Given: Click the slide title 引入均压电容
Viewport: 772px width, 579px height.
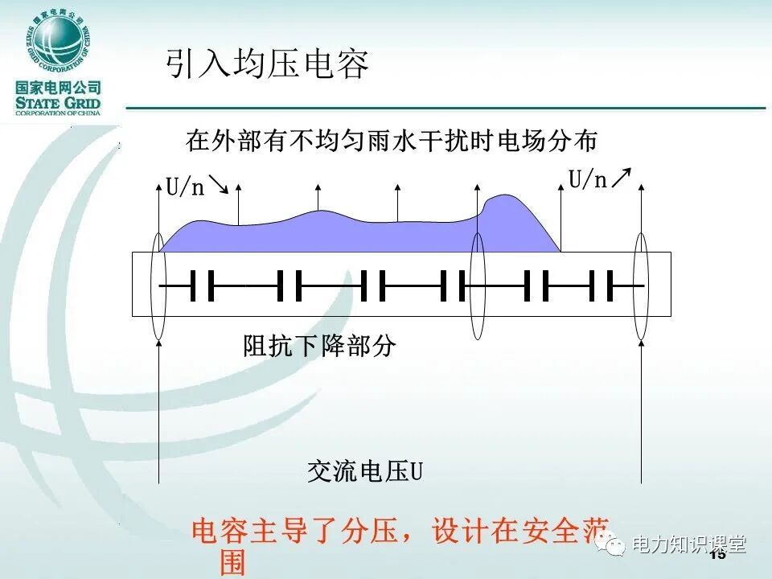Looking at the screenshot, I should (x=267, y=64).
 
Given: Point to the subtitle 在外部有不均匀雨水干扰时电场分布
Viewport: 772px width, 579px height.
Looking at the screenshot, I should (x=392, y=142).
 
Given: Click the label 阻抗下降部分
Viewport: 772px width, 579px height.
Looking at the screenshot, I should (x=319, y=347).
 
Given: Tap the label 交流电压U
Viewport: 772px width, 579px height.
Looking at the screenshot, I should (x=365, y=471).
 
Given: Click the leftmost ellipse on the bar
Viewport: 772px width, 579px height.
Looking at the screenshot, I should (x=158, y=285).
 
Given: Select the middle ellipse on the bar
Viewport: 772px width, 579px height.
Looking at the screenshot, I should (x=478, y=285).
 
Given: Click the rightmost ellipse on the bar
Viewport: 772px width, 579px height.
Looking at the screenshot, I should (x=641, y=285).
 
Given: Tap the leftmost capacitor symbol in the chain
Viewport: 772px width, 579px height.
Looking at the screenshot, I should (x=203, y=285).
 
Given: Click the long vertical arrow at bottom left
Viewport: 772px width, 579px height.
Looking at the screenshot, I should (x=159, y=410).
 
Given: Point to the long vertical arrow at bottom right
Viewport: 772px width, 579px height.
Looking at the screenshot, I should (x=641, y=410).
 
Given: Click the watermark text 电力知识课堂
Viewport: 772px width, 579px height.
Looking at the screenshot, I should (x=690, y=544).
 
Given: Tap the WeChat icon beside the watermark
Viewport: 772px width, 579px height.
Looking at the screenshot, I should (x=616, y=546).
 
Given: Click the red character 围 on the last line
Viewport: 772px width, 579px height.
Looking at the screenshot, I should (x=232, y=562).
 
